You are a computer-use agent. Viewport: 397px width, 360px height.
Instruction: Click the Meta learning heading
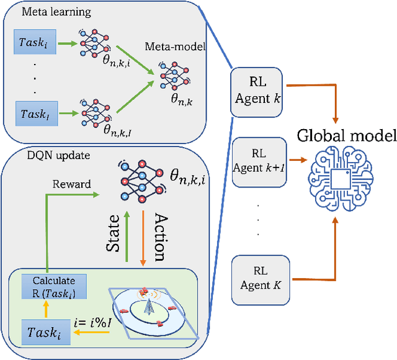click(47, 12)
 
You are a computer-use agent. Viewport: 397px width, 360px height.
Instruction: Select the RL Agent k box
click(256, 91)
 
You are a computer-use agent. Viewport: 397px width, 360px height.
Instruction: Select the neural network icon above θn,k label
click(169, 71)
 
